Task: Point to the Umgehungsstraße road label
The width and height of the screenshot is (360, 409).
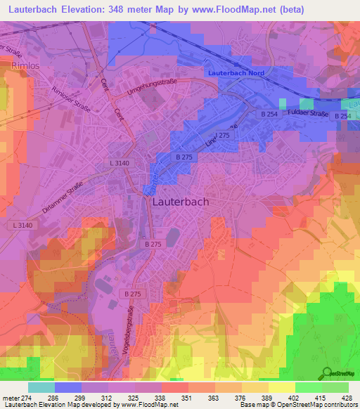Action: pyautogui.click(x=150, y=87)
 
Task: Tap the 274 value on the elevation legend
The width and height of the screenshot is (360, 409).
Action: pyautogui.click(x=25, y=398)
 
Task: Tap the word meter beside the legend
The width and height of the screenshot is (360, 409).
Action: pyautogui.click(x=9, y=398)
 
